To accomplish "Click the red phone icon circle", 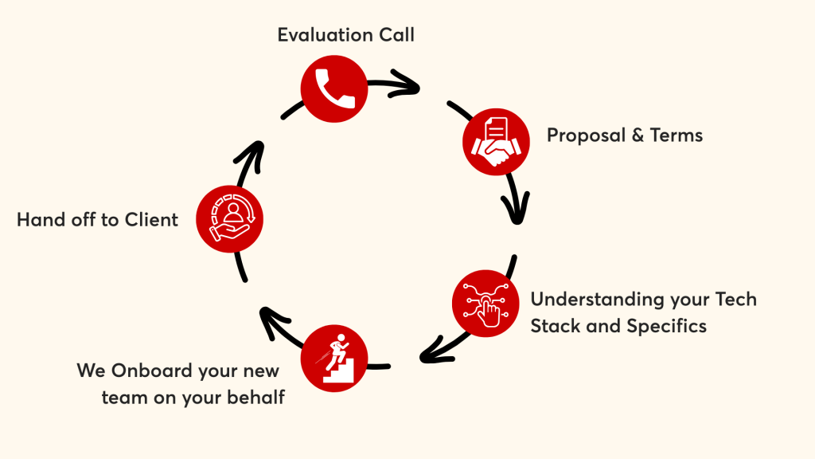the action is (x=334, y=89).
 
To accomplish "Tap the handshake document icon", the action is (x=496, y=142).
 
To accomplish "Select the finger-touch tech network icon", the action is (x=485, y=304).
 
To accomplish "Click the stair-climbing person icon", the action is (x=334, y=359).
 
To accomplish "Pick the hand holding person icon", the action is (x=230, y=219).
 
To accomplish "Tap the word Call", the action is (x=396, y=35).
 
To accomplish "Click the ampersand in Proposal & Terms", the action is (x=638, y=135).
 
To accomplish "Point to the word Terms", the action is (x=677, y=135).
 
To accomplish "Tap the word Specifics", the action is (x=666, y=327).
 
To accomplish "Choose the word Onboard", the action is (x=152, y=371).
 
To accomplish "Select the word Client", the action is (x=151, y=220).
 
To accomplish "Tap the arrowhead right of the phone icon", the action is (x=406, y=83).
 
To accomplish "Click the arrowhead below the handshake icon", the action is (x=516, y=208).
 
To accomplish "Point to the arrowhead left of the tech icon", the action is (x=435, y=351).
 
